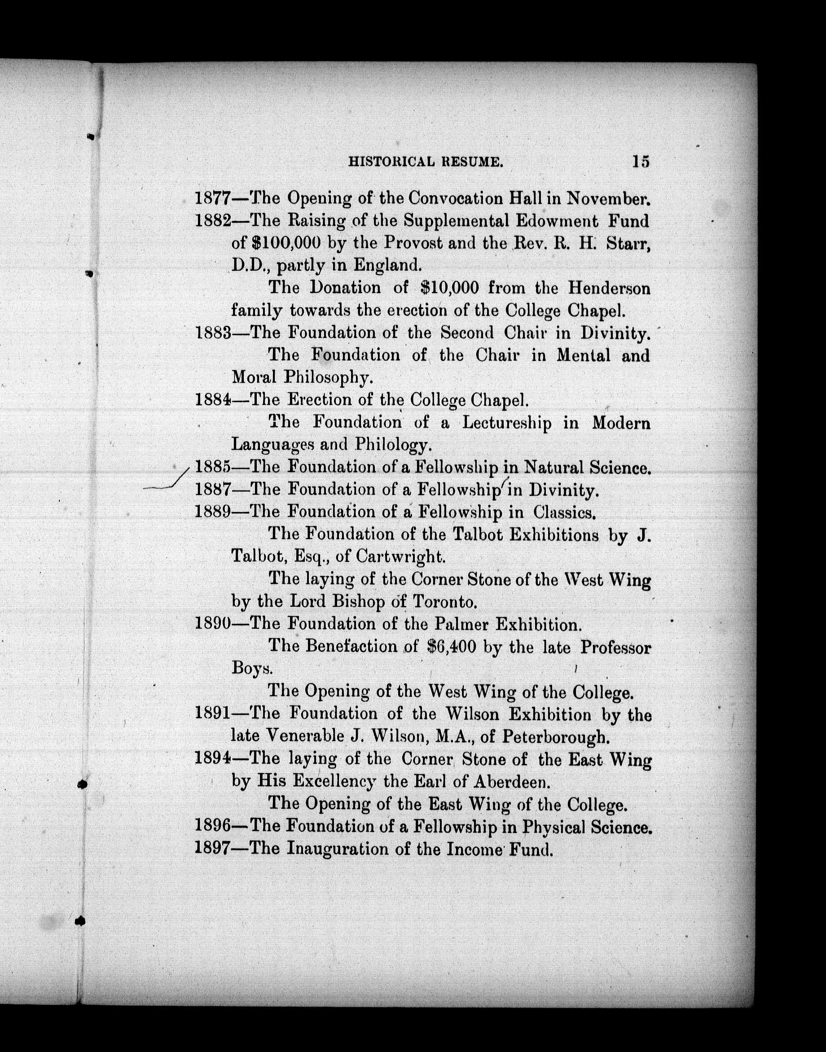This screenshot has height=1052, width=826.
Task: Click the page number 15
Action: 640,162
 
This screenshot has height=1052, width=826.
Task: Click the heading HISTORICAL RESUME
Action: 426,162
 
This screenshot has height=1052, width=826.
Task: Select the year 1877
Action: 213,198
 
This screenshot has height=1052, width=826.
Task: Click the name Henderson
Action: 608,288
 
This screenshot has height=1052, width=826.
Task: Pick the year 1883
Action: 213,333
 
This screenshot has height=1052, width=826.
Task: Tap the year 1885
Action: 213,467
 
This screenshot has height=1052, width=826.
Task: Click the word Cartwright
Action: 400,557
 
